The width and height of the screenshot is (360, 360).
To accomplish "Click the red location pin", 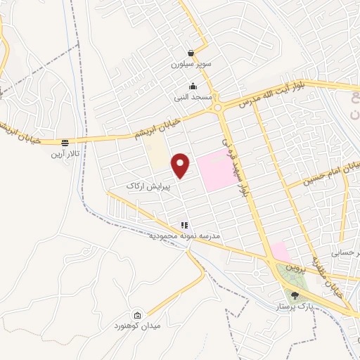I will click(x=181, y=165).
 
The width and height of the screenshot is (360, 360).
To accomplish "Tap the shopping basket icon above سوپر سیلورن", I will click(x=191, y=53).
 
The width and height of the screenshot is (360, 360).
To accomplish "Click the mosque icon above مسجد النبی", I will click(x=193, y=86).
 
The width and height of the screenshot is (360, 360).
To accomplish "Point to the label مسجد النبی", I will click(x=193, y=97).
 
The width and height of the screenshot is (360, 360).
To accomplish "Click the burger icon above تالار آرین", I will click(x=65, y=142).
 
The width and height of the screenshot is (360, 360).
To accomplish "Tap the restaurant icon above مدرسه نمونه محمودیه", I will click(x=184, y=226).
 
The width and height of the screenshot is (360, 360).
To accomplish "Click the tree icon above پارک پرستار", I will click(x=294, y=296).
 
